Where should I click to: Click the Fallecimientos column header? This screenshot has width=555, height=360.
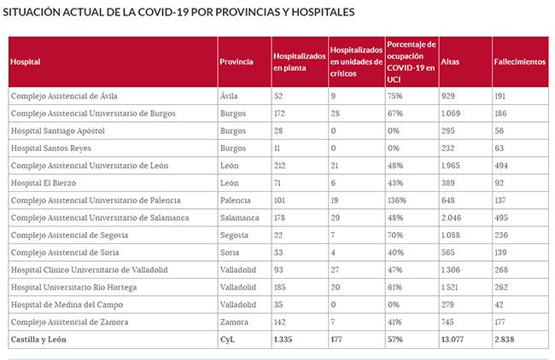click(x=519, y=61)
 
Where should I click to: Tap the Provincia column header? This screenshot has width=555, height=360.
click(x=236, y=61)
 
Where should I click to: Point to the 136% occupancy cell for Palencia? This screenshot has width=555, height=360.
click(x=395, y=200)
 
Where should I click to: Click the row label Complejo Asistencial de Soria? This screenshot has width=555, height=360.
click(x=64, y=253)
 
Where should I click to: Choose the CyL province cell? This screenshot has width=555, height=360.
click(x=228, y=340)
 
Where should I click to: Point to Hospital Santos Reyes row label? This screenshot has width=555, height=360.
click(x=52, y=148)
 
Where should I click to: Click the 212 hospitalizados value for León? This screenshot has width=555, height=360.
click(x=281, y=165)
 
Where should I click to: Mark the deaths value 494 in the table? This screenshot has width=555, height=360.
click(x=503, y=165)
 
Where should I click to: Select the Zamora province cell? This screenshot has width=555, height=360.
click(x=234, y=322)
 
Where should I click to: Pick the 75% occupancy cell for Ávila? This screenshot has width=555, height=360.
click(x=394, y=96)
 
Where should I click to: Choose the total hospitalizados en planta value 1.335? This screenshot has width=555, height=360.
click(x=283, y=340)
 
